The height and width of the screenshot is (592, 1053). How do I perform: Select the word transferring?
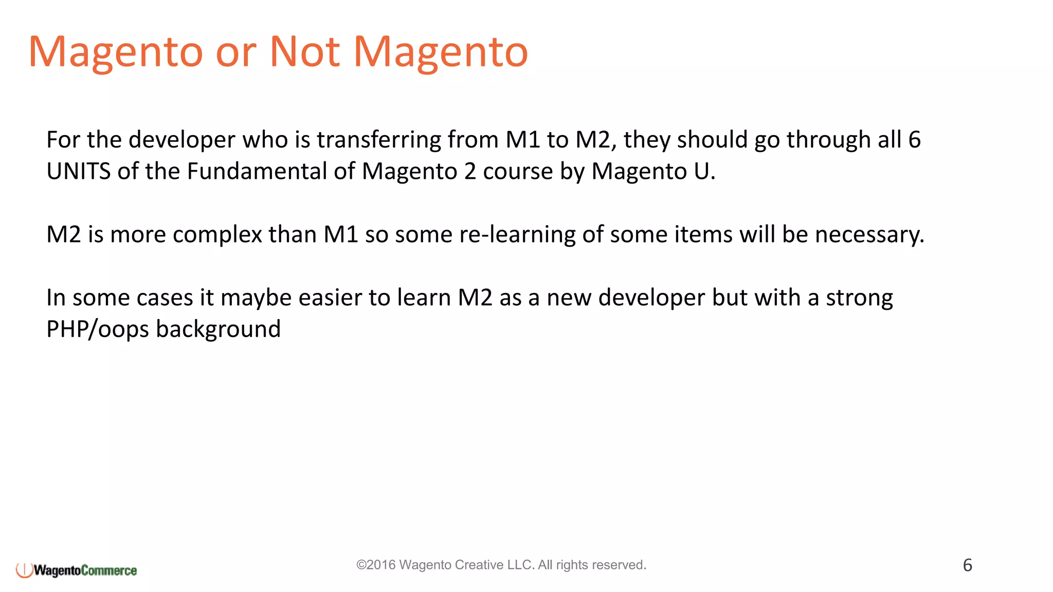378,140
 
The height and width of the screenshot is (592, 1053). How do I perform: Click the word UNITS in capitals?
78,172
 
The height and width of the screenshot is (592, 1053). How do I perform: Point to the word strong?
859,299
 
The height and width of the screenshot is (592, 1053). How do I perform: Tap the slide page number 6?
967,565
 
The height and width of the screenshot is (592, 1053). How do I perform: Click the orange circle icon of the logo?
24,570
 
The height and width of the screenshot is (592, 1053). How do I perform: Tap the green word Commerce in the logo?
109,570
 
